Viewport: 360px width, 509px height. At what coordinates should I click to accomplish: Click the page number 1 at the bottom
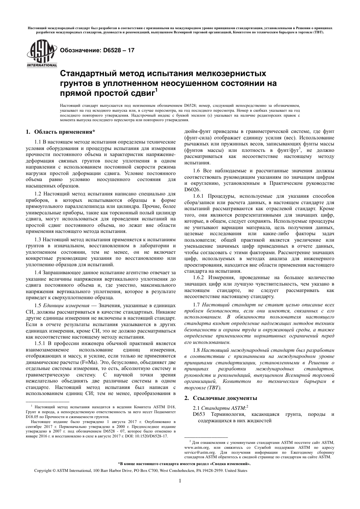tap(180, 481)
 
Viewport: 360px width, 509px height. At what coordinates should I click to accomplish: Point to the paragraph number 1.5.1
tap(41, 343)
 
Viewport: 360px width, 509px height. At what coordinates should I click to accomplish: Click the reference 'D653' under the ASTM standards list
tap(199, 414)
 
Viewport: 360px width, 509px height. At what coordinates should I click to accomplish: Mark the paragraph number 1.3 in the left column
tap(38, 240)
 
